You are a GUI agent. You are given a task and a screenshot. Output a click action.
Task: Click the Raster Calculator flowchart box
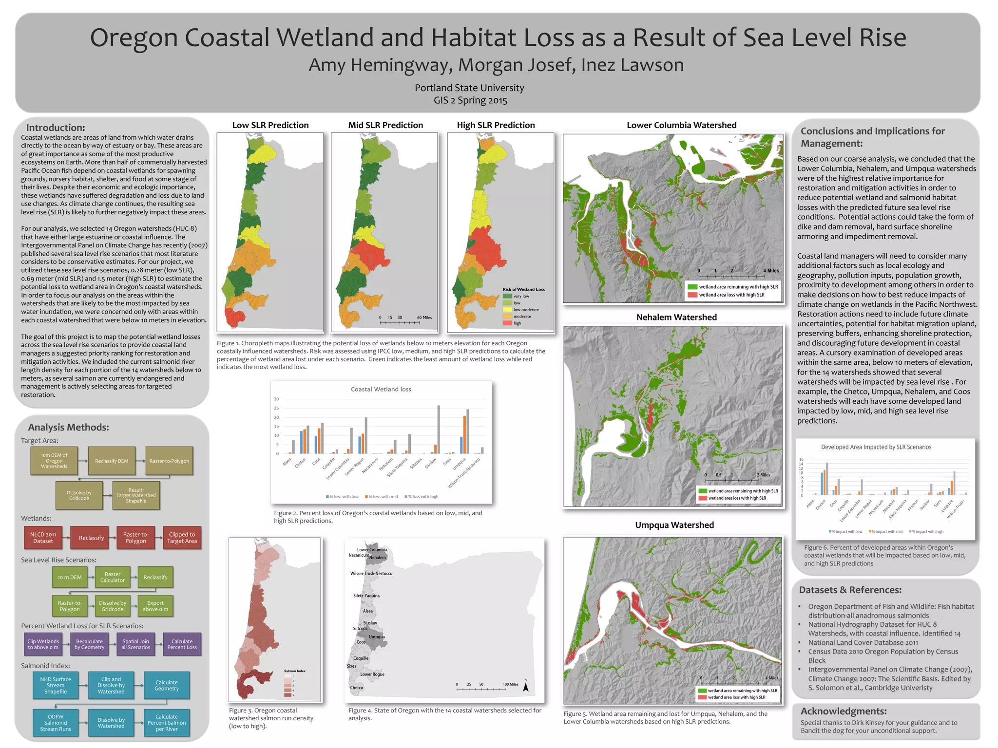pos(113,577)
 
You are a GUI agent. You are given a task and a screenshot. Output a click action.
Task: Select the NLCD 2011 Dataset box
pos(43,538)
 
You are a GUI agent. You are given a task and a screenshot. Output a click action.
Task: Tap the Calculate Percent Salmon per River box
pos(167,723)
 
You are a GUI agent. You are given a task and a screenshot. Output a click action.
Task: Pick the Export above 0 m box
pos(155,606)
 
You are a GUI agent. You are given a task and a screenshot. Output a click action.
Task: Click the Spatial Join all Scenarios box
pos(136,644)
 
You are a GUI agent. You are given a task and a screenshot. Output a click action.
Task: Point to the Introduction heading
pos(56,128)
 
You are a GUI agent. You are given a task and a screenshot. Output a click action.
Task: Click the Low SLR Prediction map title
pos(270,125)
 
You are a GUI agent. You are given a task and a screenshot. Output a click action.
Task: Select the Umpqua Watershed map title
pos(674,525)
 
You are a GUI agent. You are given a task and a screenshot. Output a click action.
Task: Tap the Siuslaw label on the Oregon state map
pos(370,623)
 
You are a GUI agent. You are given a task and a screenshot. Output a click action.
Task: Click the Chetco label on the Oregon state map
pos(357,688)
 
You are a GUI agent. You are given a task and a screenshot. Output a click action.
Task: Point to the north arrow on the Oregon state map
pos(526,686)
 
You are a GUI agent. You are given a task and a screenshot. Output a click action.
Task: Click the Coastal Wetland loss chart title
pos(381,389)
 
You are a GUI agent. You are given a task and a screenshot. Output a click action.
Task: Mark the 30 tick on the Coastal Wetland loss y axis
pos(276,399)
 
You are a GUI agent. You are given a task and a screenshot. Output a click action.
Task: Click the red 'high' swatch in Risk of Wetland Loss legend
pos(507,323)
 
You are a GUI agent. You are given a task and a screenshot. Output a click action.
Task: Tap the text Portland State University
pos(469,88)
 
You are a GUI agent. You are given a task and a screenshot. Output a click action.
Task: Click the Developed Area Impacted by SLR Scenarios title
pos(876,447)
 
